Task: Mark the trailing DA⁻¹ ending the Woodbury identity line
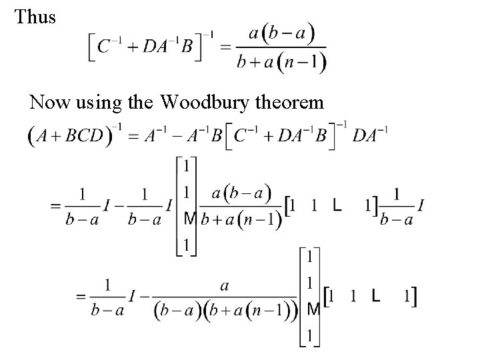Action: (x=370, y=137)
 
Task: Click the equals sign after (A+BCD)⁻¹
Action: (x=133, y=137)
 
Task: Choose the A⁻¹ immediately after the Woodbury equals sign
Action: (x=155, y=136)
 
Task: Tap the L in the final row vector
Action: (x=377, y=295)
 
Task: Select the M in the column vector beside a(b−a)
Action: (x=189, y=219)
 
